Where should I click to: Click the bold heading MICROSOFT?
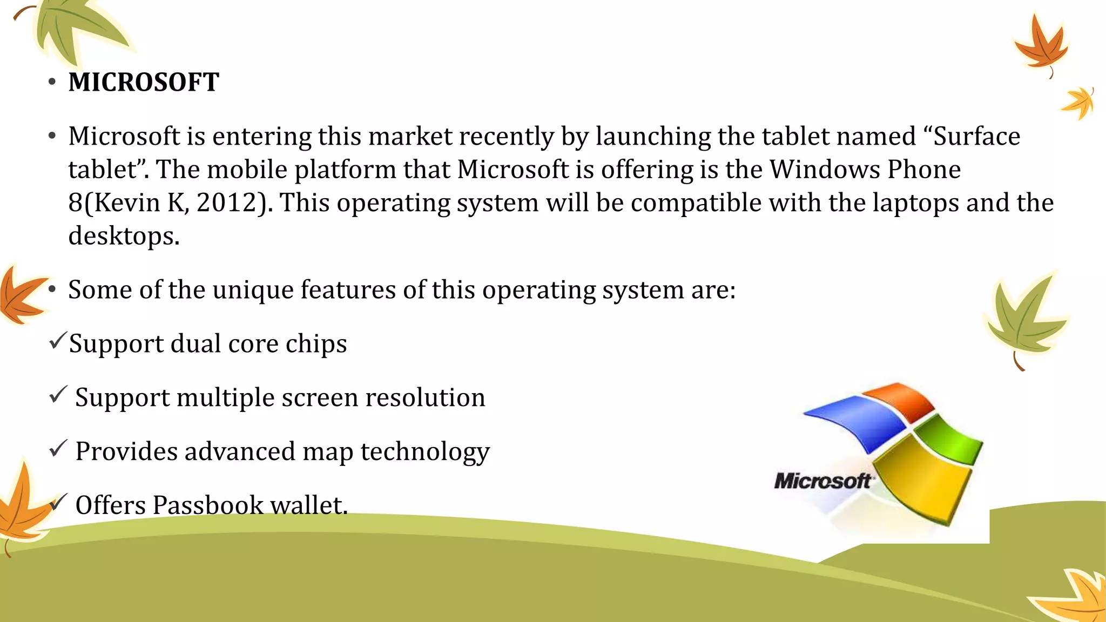pyautogui.click(x=144, y=83)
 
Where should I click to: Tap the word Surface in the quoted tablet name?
pyautogui.click(x=976, y=136)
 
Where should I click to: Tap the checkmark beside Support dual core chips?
pyautogui.click(x=57, y=341)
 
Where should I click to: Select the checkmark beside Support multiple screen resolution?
pyautogui.click(x=57, y=395)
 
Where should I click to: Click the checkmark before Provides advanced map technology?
pyautogui.click(x=57, y=449)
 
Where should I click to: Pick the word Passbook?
pyautogui.click(x=207, y=505)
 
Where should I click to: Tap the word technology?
pyautogui.click(x=425, y=452)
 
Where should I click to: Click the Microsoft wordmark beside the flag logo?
pyautogui.click(x=822, y=481)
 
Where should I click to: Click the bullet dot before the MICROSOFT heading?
pyautogui.click(x=52, y=82)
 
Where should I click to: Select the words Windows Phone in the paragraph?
pyautogui.click(x=865, y=170)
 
